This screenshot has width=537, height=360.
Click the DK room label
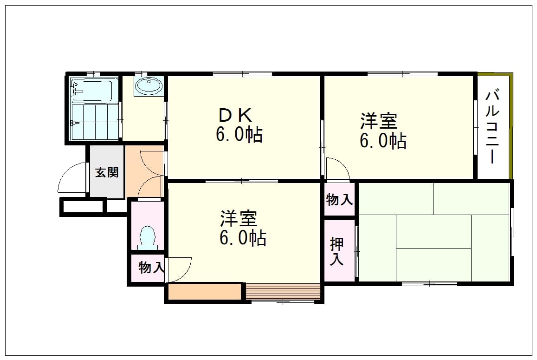[236, 115]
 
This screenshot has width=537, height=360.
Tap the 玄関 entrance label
[107, 172]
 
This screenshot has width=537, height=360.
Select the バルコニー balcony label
[492, 126]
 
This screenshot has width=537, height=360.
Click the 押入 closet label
[336, 251]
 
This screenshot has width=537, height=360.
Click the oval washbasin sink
[149, 85]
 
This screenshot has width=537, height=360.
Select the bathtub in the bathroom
[92, 90]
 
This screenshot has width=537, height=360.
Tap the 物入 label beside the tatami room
[339, 199]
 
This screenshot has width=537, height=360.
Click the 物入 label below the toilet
[151, 268]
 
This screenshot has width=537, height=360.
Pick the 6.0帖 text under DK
[239, 134]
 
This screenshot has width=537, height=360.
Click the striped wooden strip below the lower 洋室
[283, 292]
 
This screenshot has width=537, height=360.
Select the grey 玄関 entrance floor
[107, 172]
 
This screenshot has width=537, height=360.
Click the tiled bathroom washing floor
[95, 122]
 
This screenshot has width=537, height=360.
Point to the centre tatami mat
[433, 231]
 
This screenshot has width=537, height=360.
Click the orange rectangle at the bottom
[205, 292]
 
